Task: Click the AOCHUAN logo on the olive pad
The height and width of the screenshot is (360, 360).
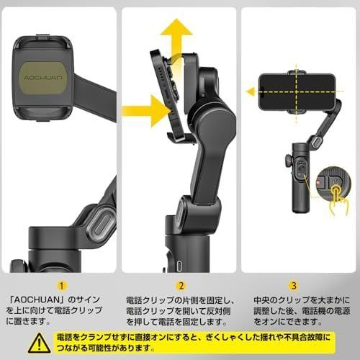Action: (x=43, y=78)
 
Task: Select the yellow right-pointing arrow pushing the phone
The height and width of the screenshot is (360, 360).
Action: (x=146, y=111)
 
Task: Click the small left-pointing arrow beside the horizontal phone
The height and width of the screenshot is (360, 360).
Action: (x=251, y=91)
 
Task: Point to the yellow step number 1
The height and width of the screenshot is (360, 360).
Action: (x=62, y=286)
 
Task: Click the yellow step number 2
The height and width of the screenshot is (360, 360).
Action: (x=181, y=286)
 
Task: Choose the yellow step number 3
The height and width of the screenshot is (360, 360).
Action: (x=294, y=286)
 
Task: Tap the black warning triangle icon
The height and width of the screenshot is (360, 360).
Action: (x=40, y=343)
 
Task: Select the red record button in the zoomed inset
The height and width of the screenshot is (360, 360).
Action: (x=318, y=182)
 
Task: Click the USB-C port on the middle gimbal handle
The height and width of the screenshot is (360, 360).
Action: (x=179, y=266)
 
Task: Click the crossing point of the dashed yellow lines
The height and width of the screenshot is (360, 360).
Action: (x=297, y=91)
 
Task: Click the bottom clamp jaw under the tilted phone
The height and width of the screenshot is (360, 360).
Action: (x=181, y=138)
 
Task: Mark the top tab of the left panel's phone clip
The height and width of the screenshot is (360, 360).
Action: (x=43, y=37)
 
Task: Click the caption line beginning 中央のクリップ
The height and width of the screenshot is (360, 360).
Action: (x=302, y=300)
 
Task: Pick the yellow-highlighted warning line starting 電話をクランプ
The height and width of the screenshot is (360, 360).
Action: (x=193, y=338)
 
